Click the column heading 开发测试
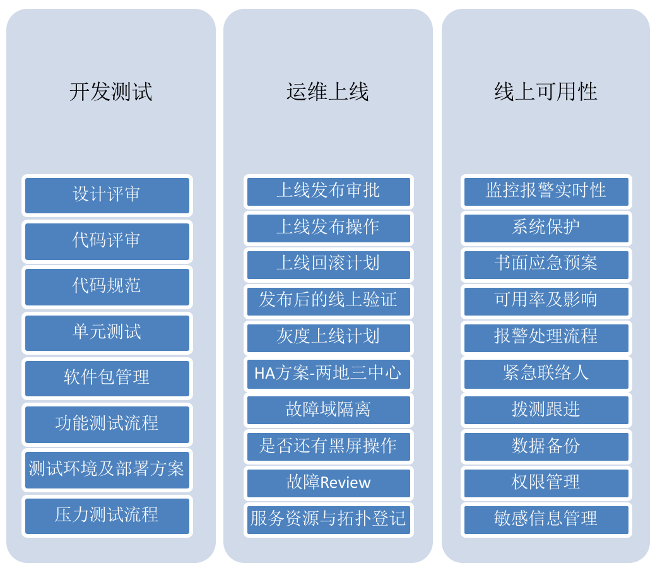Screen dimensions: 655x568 [x=110, y=92]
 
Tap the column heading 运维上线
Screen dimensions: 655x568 [x=327, y=92]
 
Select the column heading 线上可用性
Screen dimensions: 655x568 [x=546, y=92]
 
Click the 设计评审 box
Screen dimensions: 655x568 [x=107, y=196]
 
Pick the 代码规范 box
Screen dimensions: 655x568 [x=107, y=287]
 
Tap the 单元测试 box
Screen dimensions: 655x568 [x=107, y=333]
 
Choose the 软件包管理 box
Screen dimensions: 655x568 [x=107, y=379]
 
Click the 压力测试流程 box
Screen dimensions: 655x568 [x=107, y=516]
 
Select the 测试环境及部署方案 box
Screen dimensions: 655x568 [x=107, y=470]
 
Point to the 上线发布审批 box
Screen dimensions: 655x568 [x=328, y=192]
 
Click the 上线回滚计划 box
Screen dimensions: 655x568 [x=328, y=264]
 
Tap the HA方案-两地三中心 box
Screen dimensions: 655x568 [x=328, y=374]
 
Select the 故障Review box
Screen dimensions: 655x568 [x=328, y=483]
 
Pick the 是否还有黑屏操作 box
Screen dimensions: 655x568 [x=328, y=446]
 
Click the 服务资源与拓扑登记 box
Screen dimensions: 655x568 [x=328, y=520]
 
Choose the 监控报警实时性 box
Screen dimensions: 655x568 [x=546, y=192]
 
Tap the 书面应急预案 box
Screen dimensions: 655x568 [x=546, y=264]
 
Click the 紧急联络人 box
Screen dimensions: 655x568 [x=546, y=374]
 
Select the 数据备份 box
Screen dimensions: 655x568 [x=546, y=446]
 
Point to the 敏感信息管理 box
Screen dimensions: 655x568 [x=546, y=520]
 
